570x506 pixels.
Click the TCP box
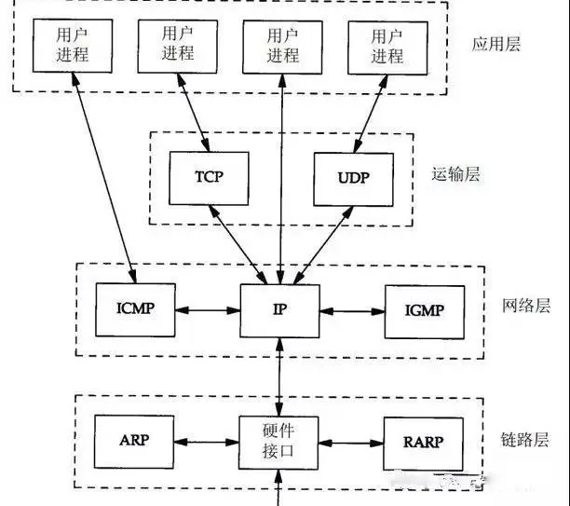click(209, 178)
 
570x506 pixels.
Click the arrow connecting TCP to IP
click(243, 245)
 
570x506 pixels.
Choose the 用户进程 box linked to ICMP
click(72, 44)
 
